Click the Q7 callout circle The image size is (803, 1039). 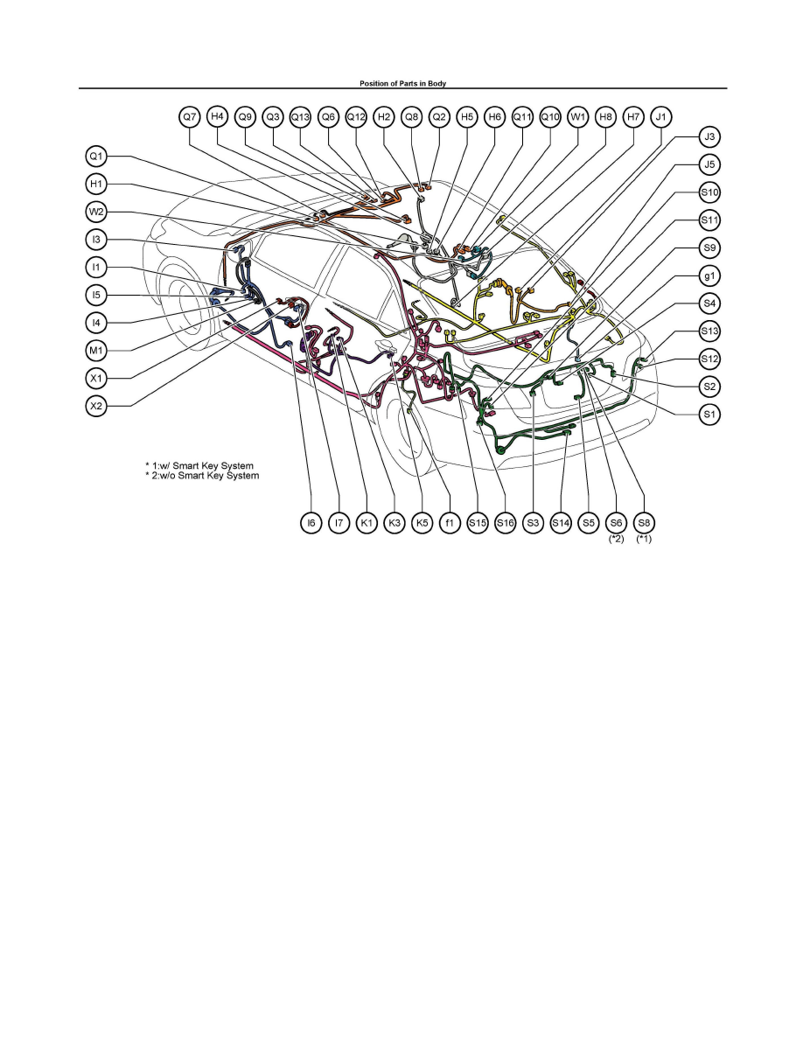190,117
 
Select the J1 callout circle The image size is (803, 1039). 661,117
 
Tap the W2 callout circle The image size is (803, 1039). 97,212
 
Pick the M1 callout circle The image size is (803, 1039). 97,351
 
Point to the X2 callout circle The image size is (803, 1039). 97,406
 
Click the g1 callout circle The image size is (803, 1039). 709,275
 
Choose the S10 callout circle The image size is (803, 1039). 709,192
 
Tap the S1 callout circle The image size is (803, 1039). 709,415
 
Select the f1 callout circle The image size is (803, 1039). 450,523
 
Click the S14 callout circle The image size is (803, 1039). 562,523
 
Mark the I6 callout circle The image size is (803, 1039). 311,523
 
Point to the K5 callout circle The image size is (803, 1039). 422,523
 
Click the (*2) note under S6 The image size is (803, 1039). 616,539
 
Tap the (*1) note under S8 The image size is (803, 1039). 644,539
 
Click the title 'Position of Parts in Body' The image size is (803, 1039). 403,83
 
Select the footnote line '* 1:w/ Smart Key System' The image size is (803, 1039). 199,466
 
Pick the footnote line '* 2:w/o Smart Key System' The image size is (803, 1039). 202,476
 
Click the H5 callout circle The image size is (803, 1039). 467,117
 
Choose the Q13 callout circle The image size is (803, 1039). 301,117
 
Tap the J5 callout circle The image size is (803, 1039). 709,165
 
